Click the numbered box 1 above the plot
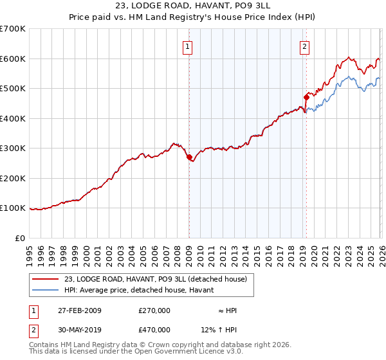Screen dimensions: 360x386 pos(187,46)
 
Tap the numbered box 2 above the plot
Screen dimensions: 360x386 pos(304,46)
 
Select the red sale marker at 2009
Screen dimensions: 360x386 pos(189,157)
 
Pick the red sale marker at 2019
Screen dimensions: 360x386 pos(306,97)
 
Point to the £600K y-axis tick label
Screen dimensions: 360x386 pos(13,59)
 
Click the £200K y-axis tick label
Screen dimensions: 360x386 pos(13,178)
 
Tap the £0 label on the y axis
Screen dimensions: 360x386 pos(19,238)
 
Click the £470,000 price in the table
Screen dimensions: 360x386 pos(154,330)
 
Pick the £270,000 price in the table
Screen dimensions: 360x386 pos(154,310)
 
